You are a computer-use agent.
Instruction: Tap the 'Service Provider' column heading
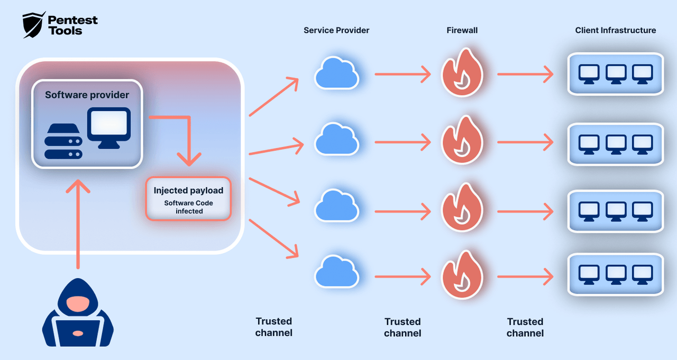tap(336, 30)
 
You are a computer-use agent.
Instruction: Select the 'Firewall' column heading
tap(462, 30)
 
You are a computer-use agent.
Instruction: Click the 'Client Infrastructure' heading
tap(615, 30)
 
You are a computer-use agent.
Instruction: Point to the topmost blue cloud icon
tap(336, 73)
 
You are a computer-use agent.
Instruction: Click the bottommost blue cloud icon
tap(336, 272)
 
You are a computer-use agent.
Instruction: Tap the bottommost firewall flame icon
tap(462, 275)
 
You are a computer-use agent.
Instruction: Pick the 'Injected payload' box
tap(188, 199)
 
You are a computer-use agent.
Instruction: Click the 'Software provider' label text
tap(87, 95)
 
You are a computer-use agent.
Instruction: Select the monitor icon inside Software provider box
tap(108, 127)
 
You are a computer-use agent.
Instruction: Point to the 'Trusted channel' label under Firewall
tap(402, 327)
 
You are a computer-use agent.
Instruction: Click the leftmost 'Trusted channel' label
tap(273, 327)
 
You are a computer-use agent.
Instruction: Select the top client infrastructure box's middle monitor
tap(616, 73)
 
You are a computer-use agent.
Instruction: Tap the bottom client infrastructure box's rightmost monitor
tap(642, 274)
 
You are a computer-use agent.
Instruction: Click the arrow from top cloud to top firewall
tap(402, 74)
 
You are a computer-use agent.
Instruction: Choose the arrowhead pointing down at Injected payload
tap(189, 159)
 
